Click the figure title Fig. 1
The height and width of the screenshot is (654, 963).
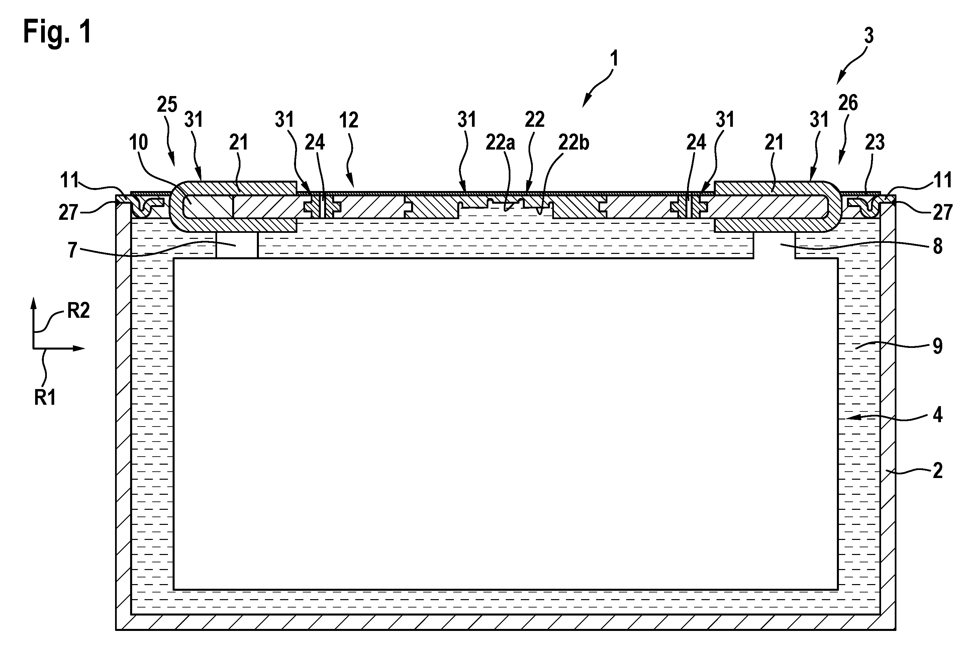[57, 32]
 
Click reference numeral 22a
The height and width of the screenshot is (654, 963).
[500, 143]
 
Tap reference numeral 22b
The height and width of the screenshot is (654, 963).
[574, 143]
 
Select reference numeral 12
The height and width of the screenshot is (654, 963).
[348, 120]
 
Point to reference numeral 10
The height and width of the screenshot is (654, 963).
[138, 143]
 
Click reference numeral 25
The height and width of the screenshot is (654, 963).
[167, 104]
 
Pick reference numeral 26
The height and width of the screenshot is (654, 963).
[848, 103]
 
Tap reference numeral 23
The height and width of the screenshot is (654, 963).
[875, 143]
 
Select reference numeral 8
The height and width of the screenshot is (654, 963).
[937, 246]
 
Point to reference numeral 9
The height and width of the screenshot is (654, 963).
[937, 346]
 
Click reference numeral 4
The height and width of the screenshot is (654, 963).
[937, 415]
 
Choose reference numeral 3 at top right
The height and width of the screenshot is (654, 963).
[869, 36]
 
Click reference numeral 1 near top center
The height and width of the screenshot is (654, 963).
[614, 59]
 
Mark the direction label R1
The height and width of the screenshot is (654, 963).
[45, 397]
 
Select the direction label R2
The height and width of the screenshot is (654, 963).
[78, 310]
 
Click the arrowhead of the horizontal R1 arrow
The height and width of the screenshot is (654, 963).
[80, 349]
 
